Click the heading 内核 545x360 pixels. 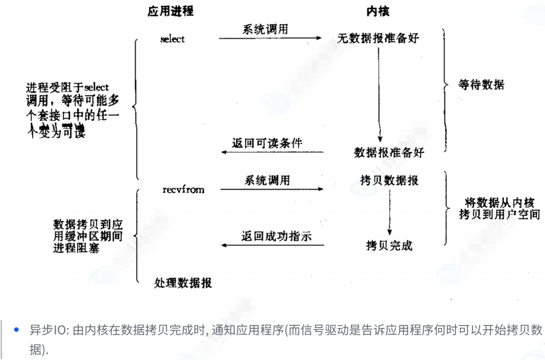[378, 11]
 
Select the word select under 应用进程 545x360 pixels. [173, 39]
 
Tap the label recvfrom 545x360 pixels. [183, 189]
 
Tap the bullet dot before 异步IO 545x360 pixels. [16, 330]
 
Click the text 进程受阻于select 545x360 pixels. [67, 87]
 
